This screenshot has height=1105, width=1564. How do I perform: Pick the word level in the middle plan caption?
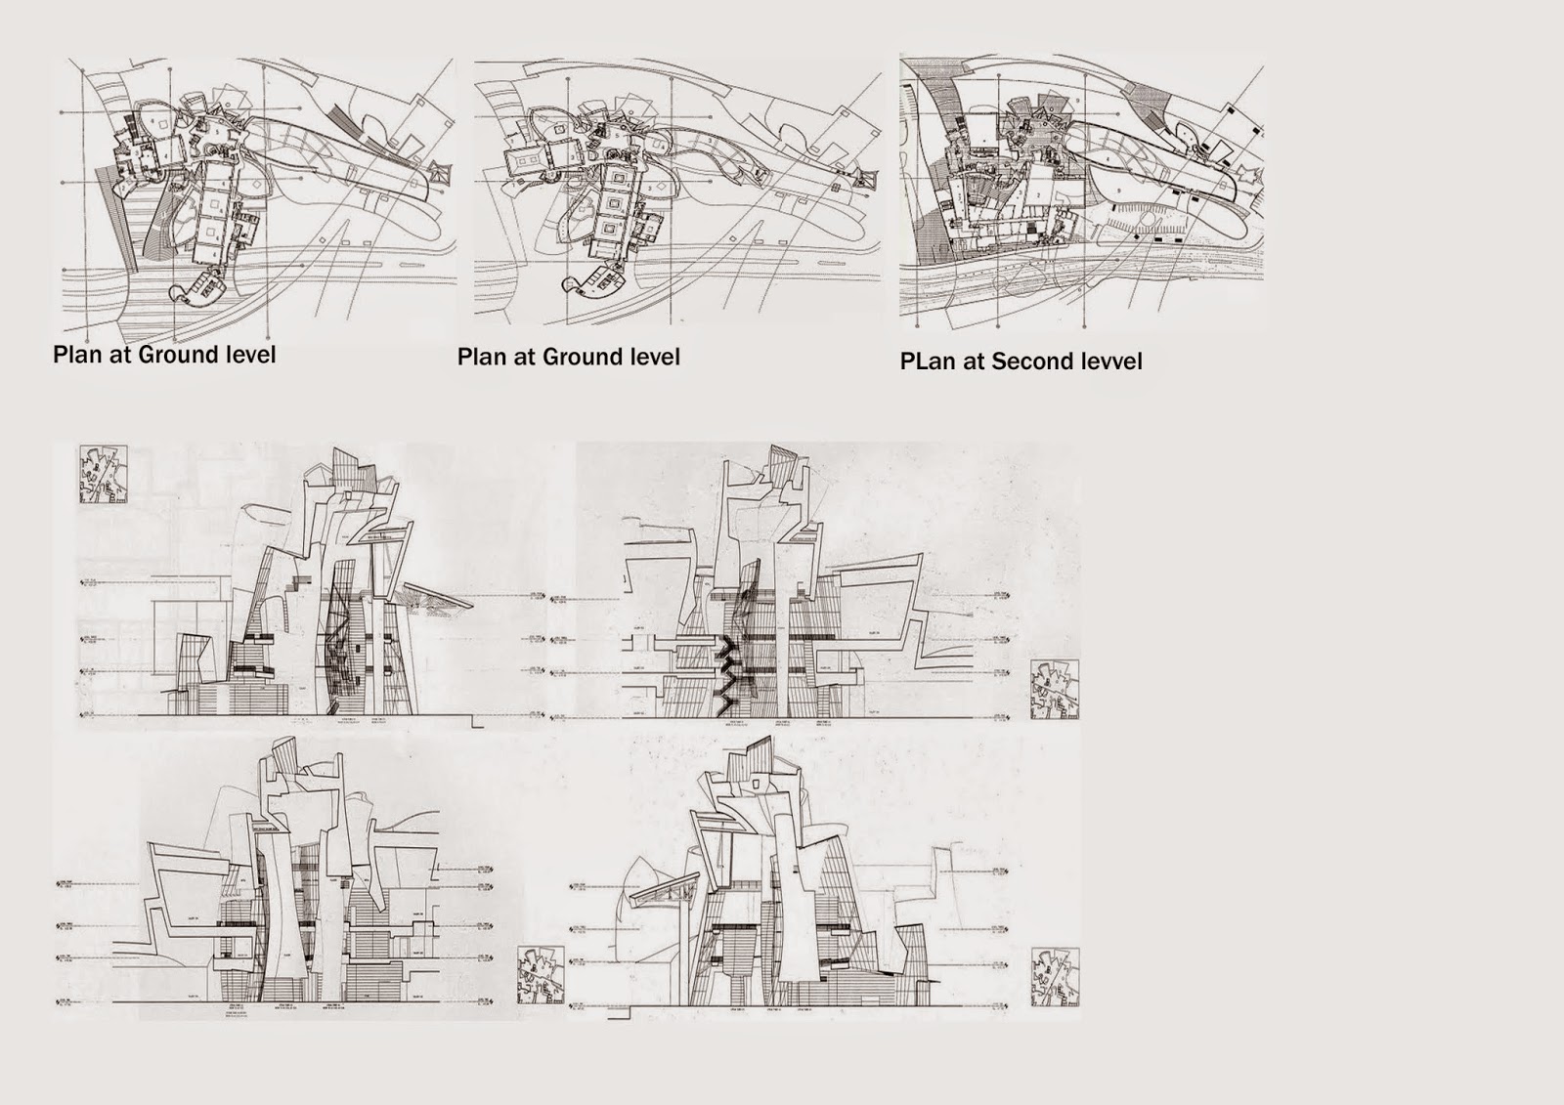click(x=649, y=357)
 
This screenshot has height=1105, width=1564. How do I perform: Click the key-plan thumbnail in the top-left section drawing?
click(x=103, y=475)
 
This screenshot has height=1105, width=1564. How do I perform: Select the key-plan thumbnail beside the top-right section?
click(x=1054, y=689)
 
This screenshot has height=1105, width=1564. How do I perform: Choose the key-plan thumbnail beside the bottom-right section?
click(x=1055, y=976)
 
